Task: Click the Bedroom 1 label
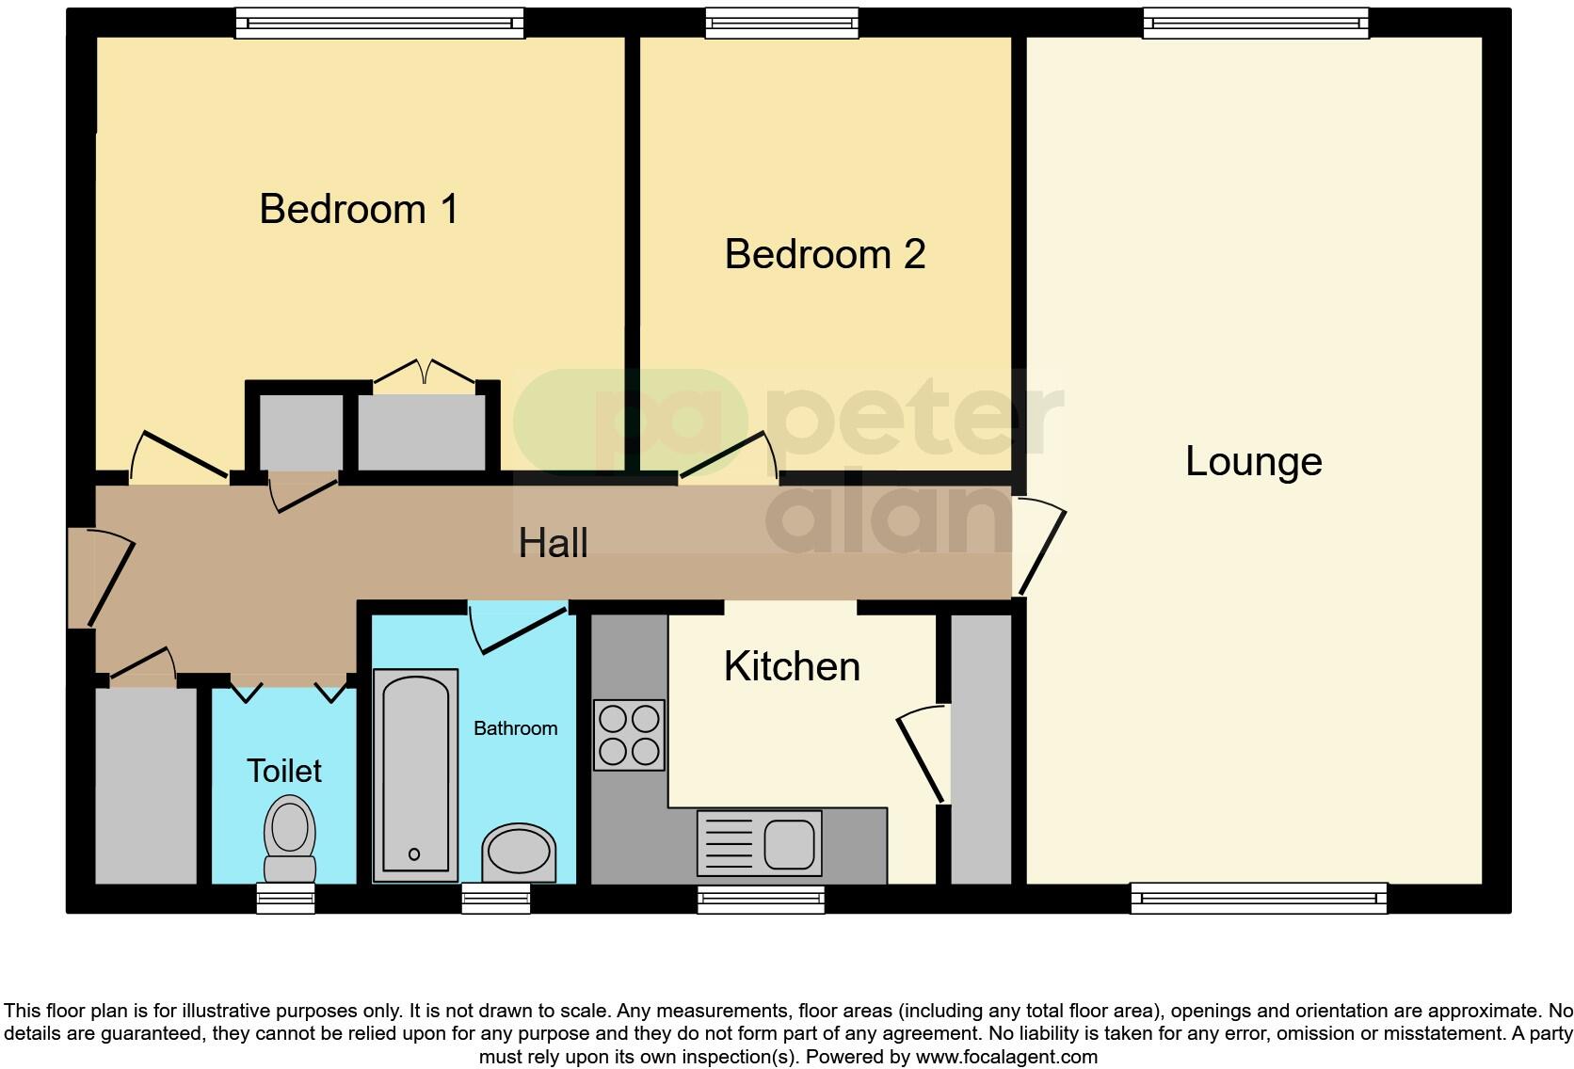[x=359, y=209]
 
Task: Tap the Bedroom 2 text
[x=825, y=254]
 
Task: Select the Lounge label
[x=1253, y=461]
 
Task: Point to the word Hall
[x=553, y=543]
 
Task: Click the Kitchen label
[x=792, y=666]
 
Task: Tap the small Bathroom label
[x=515, y=728]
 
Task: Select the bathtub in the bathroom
[x=415, y=774]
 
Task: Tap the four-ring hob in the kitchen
[x=629, y=735]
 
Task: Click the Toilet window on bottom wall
[x=286, y=899]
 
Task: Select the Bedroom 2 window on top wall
[x=782, y=23]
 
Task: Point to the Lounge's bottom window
[x=1259, y=899]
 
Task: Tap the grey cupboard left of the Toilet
[x=146, y=785]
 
